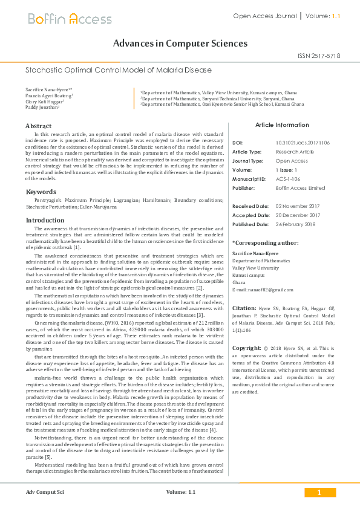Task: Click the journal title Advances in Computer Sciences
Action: [180, 44]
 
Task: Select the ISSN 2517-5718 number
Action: [319, 56]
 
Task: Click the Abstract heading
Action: [38, 126]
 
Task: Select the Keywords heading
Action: [41, 192]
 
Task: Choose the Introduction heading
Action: [45, 221]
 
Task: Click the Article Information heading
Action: [282, 125]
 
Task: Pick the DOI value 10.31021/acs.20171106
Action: [303, 143]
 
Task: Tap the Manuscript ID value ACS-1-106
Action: [289, 180]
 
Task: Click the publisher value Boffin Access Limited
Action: [300, 188]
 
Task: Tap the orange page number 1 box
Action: [318, 493]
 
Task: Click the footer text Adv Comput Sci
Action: [45, 493]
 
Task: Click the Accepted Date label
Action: [251, 215]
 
